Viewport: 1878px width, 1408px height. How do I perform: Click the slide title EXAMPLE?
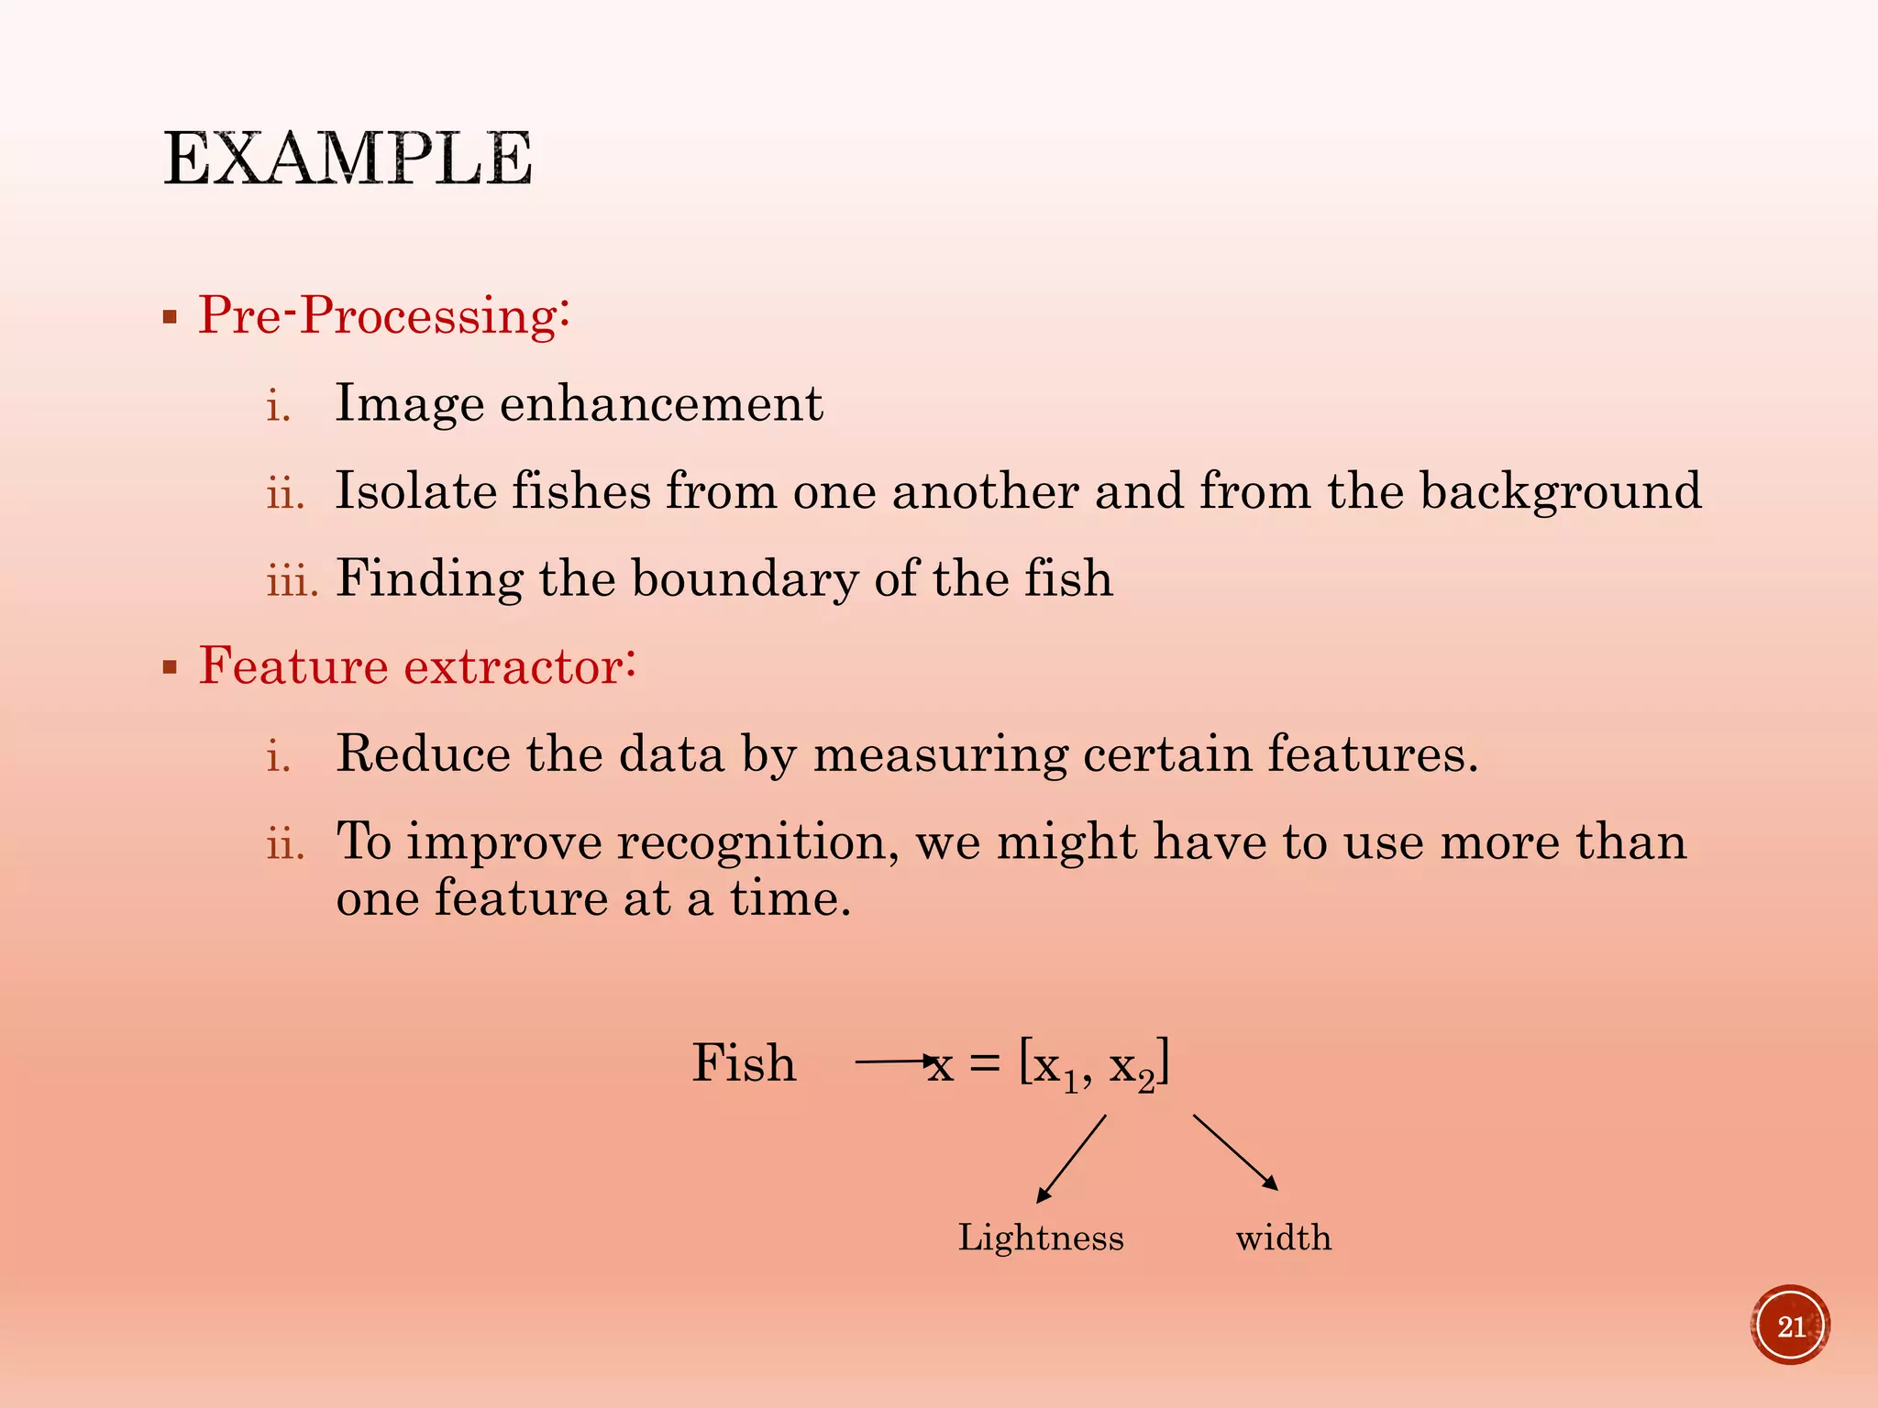(x=348, y=159)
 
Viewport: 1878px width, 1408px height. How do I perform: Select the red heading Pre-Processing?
(x=383, y=315)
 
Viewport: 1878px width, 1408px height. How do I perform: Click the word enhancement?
(x=660, y=403)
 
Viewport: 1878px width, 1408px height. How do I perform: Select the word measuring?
(x=940, y=754)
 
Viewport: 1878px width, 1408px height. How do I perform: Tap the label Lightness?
(x=1041, y=1237)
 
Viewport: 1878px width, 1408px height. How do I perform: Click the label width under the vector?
(x=1283, y=1237)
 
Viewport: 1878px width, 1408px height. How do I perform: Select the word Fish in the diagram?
(x=744, y=1063)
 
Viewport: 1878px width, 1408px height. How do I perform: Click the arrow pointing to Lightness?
(x=1071, y=1159)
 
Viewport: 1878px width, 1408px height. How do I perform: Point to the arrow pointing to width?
(x=1235, y=1152)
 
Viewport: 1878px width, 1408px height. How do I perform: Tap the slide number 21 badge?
(x=1790, y=1325)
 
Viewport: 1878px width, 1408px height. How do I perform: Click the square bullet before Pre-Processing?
(x=170, y=318)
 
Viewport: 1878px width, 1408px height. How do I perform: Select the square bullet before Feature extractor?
(x=170, y=667)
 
